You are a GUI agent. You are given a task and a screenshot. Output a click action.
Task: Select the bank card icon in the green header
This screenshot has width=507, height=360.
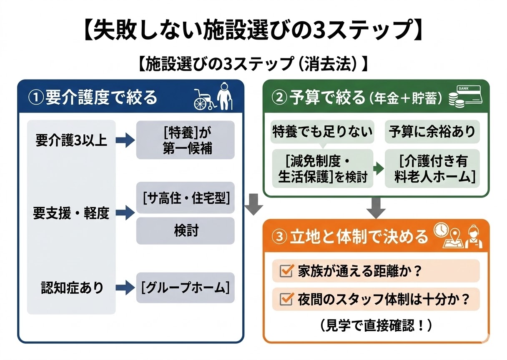tap(469, 94)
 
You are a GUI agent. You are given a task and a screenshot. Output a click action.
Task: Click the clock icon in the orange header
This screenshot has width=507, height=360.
tap(441, 230)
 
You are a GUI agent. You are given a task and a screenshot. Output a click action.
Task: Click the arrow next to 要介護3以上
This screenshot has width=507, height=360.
tap(125, 140)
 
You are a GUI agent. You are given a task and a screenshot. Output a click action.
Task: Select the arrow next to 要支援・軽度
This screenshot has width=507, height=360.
tap(125, 213)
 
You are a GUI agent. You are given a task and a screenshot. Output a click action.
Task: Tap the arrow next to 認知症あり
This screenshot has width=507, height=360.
tap(125, 287)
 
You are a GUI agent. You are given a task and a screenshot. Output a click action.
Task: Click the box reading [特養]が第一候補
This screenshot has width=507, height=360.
tap(186, 140)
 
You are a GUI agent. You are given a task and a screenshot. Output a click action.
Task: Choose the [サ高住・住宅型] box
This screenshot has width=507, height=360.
tap(186, 198)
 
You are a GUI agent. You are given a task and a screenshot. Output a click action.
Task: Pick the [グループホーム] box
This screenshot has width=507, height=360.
tap(186, 287)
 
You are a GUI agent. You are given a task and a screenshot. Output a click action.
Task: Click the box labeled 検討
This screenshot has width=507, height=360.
tap(186, 230)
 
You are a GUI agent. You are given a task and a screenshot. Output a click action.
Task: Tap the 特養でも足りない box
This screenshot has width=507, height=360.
tap(322, 132)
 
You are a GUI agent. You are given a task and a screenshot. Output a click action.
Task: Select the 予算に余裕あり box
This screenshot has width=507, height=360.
tap(432, 132)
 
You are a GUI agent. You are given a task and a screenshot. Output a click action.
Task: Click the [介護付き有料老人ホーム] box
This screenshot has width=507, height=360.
tap(432, 168)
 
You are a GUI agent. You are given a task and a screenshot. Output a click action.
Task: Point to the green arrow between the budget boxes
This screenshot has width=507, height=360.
tap(378, 169)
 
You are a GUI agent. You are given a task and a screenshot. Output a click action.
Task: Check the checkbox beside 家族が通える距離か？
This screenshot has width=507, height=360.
tap(287, 271)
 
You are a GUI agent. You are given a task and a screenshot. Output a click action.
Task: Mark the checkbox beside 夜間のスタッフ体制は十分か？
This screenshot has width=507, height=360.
tap(287, 299)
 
